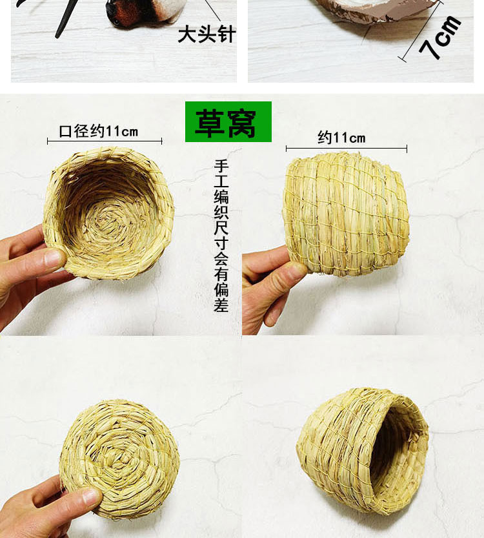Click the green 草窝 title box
(x=228, y=121)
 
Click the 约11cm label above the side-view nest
(x=341, y=138)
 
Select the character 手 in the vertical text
(x=221, y=165)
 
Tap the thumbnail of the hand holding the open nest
(x=54, y=259)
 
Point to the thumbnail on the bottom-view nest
(x=90, y=497)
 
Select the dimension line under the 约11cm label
(x=347, y=149)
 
